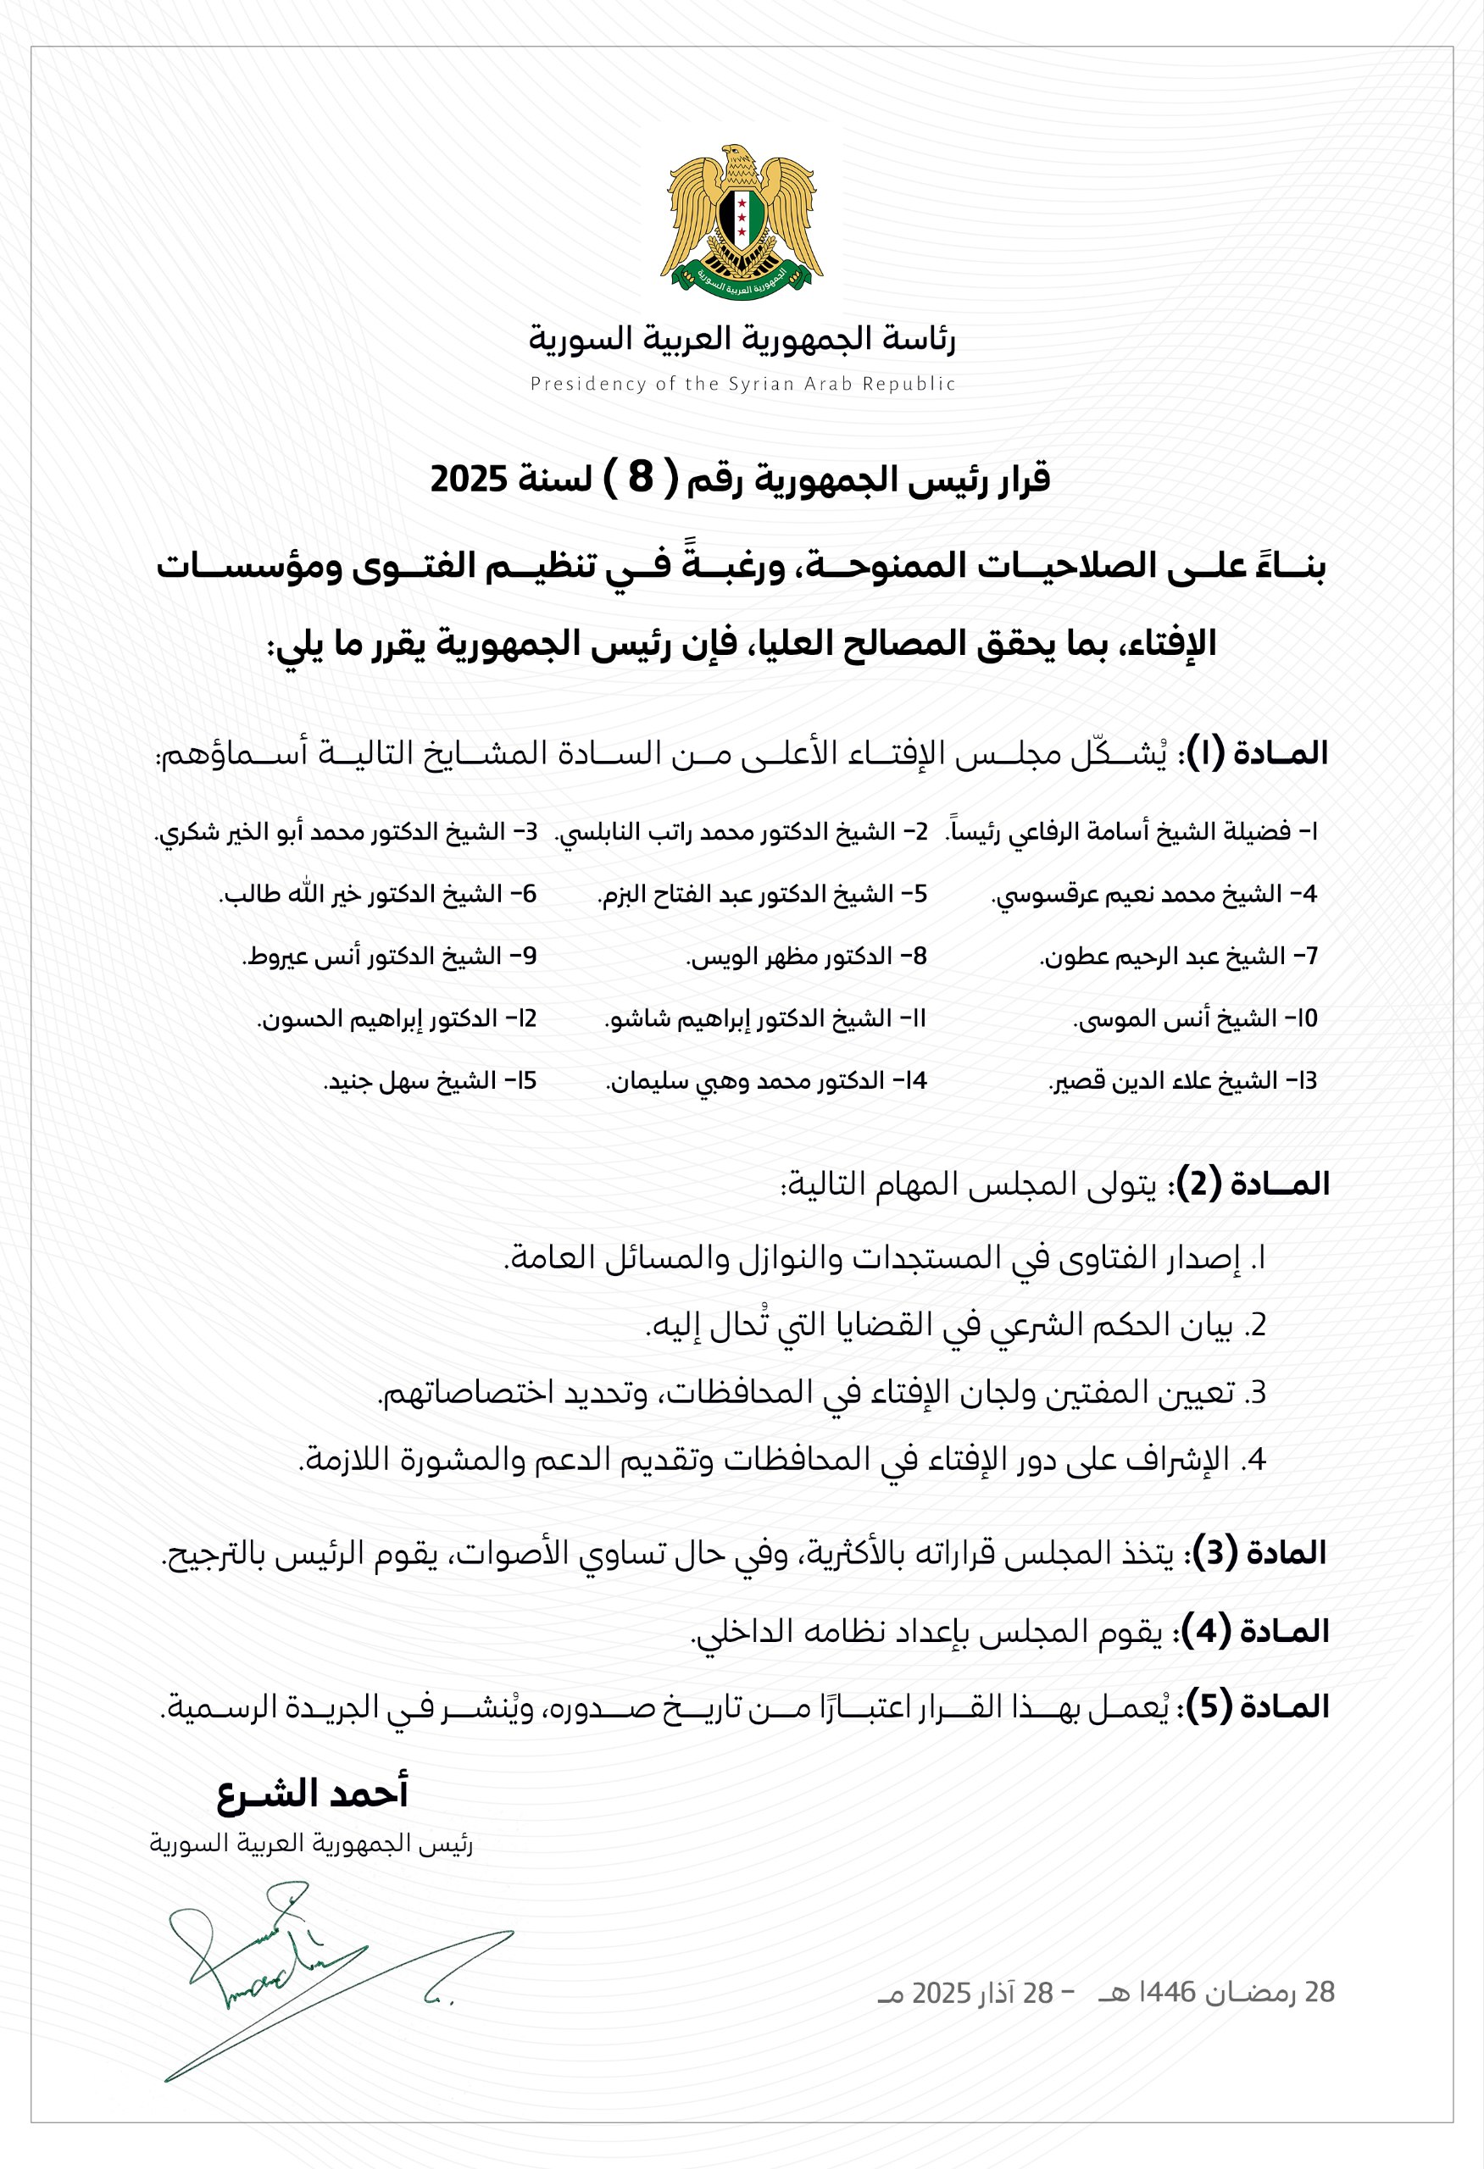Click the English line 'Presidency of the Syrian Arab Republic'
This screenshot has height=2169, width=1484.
pyautogui.click(x=742, y=384)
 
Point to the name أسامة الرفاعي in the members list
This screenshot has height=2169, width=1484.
pyautogui.click(x=1069, y=831)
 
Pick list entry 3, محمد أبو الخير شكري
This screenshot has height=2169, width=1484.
pyautogui.click(x=347, y=831)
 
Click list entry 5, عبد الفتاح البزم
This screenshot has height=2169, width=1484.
pyautogui.click(x=762, y=894)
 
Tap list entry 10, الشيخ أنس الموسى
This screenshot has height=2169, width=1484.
pyautogui.click(x=1196, y=1019)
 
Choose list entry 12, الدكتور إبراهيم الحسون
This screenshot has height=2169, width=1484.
pyautogui.click(x=397, y=1019)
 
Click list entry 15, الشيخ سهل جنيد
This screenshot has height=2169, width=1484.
pyautogui.click(x=430, y=1082)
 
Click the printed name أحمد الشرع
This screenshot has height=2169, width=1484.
pyautogui.click(x=313, y=1794)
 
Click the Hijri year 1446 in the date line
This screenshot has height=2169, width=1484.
pyautogui.click(x=1160, y=1994)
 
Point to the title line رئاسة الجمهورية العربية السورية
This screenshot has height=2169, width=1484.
pyautogui.click(x=742, y=339)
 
